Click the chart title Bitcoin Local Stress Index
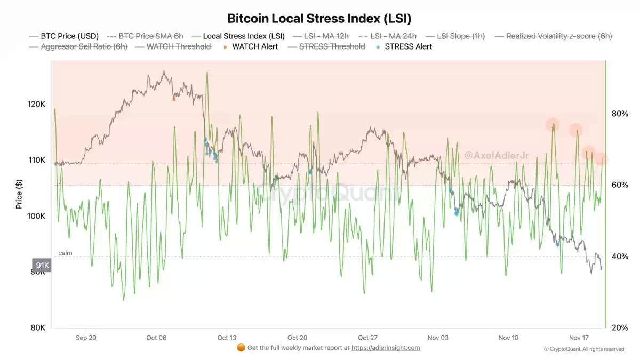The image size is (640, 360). point(319,18)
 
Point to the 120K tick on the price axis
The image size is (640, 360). point(36,104)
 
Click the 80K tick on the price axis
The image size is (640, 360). point(37,327)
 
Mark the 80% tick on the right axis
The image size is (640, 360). point(619,114)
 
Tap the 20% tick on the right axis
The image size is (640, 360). point(619,327)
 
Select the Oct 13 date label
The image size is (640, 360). point(227,338)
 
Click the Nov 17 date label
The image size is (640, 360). point(579,338)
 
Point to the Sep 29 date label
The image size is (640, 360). point(86,338)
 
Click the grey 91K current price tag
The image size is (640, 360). point(42,265)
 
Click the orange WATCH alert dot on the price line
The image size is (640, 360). point(174,99)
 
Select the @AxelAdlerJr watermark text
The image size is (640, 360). point(489,155)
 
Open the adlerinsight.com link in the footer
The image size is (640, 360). point(385,348)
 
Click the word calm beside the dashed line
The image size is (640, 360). point(65,253)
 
